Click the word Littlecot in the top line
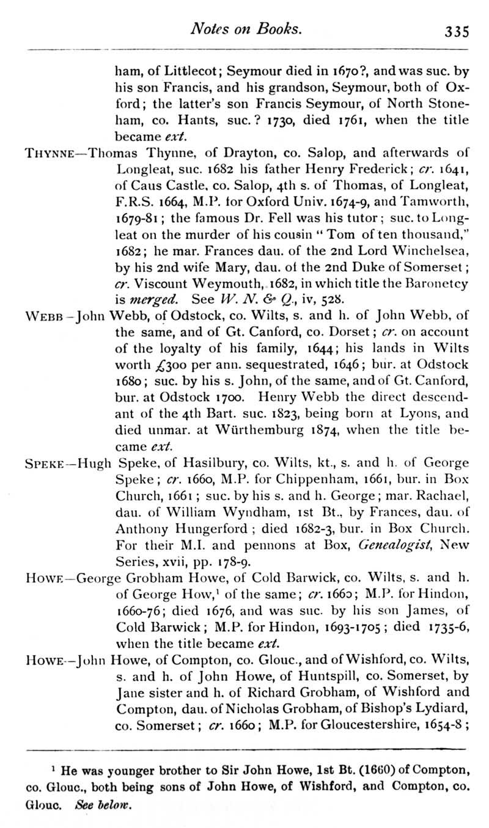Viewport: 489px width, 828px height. point(177,70)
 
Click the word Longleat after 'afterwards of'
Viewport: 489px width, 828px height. point(142,169)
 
